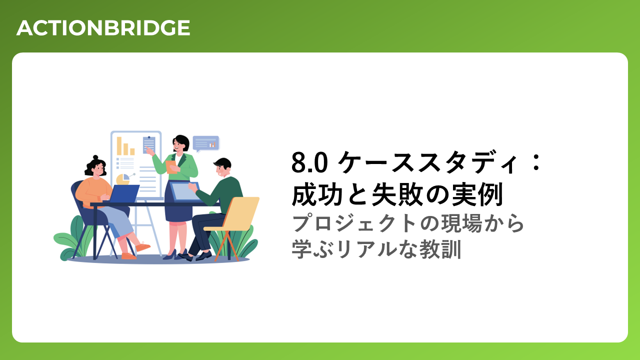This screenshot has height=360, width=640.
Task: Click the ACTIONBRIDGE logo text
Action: click(103, 27)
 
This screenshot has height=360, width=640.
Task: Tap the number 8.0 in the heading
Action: click(309, 162)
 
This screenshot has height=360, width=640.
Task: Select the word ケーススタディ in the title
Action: click(427, 162)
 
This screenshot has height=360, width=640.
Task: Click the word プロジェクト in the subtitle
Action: click(353, 223)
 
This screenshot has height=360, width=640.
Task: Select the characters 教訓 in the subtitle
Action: click(440, 249)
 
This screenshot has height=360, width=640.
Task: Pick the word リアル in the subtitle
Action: click(366, 249)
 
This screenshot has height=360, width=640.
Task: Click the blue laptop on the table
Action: click(123, 193)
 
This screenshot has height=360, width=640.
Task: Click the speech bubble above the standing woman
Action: click(205, 143)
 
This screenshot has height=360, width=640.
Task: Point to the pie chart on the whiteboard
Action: click(123, 179)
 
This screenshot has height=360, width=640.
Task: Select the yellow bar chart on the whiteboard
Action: click(125, 146)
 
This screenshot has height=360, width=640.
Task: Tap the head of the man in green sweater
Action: click(222, 167)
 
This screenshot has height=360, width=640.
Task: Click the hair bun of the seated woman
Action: click(95, 157)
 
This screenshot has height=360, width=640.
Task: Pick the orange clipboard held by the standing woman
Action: click(171, 167)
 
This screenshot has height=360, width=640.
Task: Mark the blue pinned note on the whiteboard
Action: click(149, 145)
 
